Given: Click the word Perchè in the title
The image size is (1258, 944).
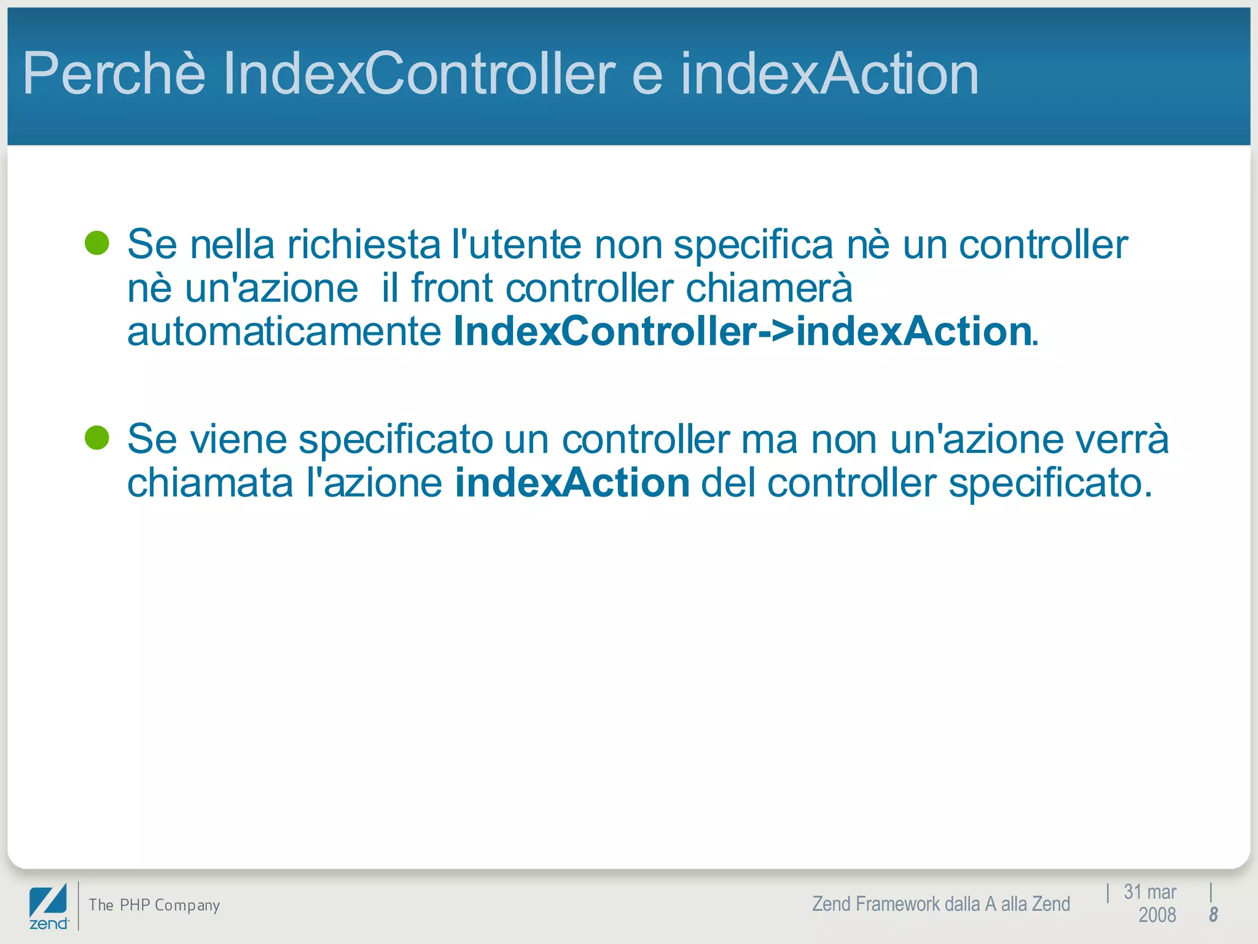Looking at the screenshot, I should pos(114,74).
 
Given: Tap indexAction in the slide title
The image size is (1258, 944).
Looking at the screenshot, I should pos(829,74).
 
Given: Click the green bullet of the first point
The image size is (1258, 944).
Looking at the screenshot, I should pos(97,243).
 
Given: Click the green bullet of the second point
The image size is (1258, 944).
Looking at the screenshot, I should pos(97,438).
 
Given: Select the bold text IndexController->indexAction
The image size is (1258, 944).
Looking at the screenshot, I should pos(742,332).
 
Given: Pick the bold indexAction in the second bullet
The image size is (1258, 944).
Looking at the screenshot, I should pos(572,483).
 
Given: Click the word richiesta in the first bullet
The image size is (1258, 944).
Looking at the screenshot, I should pos(364,245).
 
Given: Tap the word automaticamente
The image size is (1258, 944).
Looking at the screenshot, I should pos(284,332).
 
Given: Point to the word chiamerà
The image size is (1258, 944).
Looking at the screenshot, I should pos(768,288).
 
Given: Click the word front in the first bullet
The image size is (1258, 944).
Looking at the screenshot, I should pos(451,288).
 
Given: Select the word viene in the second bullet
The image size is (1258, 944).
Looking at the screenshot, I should pos(238,440).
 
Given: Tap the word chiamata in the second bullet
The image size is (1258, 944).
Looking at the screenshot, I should pos(210,483).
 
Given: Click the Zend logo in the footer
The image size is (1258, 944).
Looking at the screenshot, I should pos(49,907).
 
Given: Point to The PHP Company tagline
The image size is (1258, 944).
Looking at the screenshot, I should pos(154,905).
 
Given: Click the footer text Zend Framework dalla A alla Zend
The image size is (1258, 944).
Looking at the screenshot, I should pos(940,904).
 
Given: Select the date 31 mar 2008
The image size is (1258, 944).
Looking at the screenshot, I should pos(1150,903).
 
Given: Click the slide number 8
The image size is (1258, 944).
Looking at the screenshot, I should pos(1213,914).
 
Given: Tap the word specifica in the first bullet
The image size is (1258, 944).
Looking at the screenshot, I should pos(753,245).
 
